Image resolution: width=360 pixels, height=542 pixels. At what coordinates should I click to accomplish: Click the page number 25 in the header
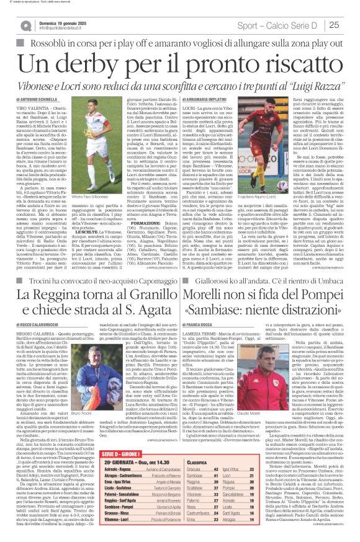click(x=350, y=25)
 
